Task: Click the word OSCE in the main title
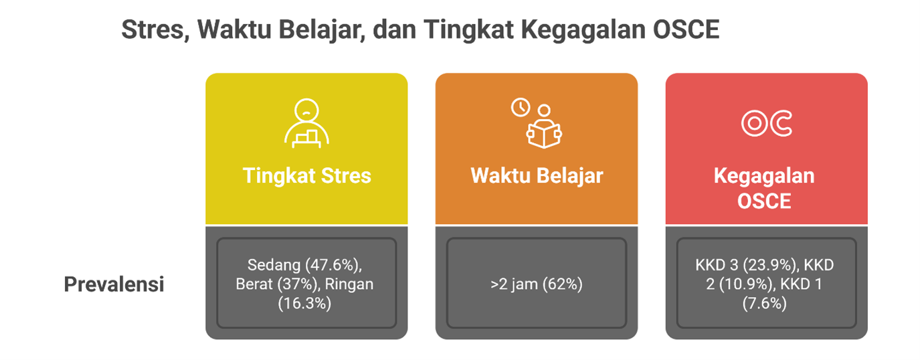pos(686,29)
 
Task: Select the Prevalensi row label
pos(114,284)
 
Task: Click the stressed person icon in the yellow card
pos(306,123)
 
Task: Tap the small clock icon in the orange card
pos(521,107)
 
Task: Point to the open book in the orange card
pos(544,134)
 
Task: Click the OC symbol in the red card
pos(766,123)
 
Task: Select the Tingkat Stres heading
pos(307,176)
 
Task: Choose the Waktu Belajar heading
pos(537,176)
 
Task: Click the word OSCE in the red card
pos(764,201)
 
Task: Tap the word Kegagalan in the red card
pos(764,177)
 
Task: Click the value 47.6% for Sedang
pos(335,265)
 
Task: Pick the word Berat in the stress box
pos(254,284)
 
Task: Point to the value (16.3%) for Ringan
pos(304,304)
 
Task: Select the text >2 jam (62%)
pos(537,284)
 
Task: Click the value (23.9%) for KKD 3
pos(771,265)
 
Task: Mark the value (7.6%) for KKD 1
pos(764,304)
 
